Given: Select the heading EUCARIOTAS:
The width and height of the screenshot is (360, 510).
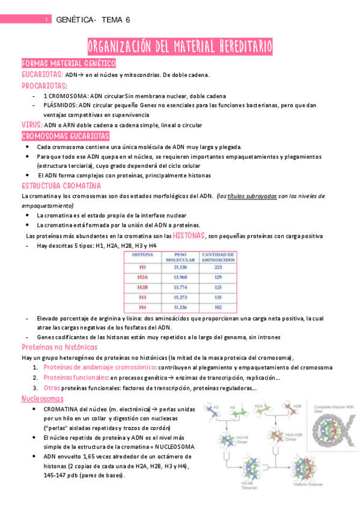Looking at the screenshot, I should tap(42, 75).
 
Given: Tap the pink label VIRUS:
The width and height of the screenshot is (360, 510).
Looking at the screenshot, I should tap(32, 124).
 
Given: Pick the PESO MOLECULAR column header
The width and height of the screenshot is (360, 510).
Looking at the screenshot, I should tap(181, 257).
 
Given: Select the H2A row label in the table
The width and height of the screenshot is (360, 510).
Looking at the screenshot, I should tap(142, 277).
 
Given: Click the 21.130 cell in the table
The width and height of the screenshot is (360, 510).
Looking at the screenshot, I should tap(181, 267).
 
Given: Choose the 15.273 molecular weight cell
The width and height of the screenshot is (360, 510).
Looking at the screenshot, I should tap(181, 296).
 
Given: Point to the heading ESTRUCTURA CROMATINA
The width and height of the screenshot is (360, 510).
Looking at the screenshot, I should tap(61, 185).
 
